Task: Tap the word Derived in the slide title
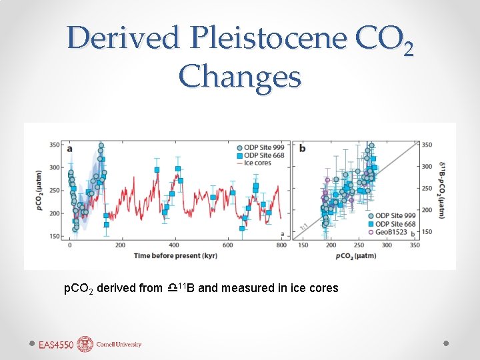pyautogui.click(x=123, y=38)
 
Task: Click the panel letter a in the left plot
pyautogui.click(x=70, y=148)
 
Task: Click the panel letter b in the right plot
pyautogui.click(x=302, y=148)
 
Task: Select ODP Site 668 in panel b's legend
pyautogui.click(x=395, y=224)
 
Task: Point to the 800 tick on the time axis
pyautogui.click(x=281, y=245)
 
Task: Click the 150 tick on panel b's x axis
pyautogui.click(x=302, y=245)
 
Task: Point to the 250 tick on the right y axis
pyautogui.click(x=427, y=188)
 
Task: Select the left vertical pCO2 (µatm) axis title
pyautogui.click(x=39, y=190)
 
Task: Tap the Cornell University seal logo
pyautogui.click(x=85, y=344)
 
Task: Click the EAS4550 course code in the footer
pyautogui.click(x=57, y=345)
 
